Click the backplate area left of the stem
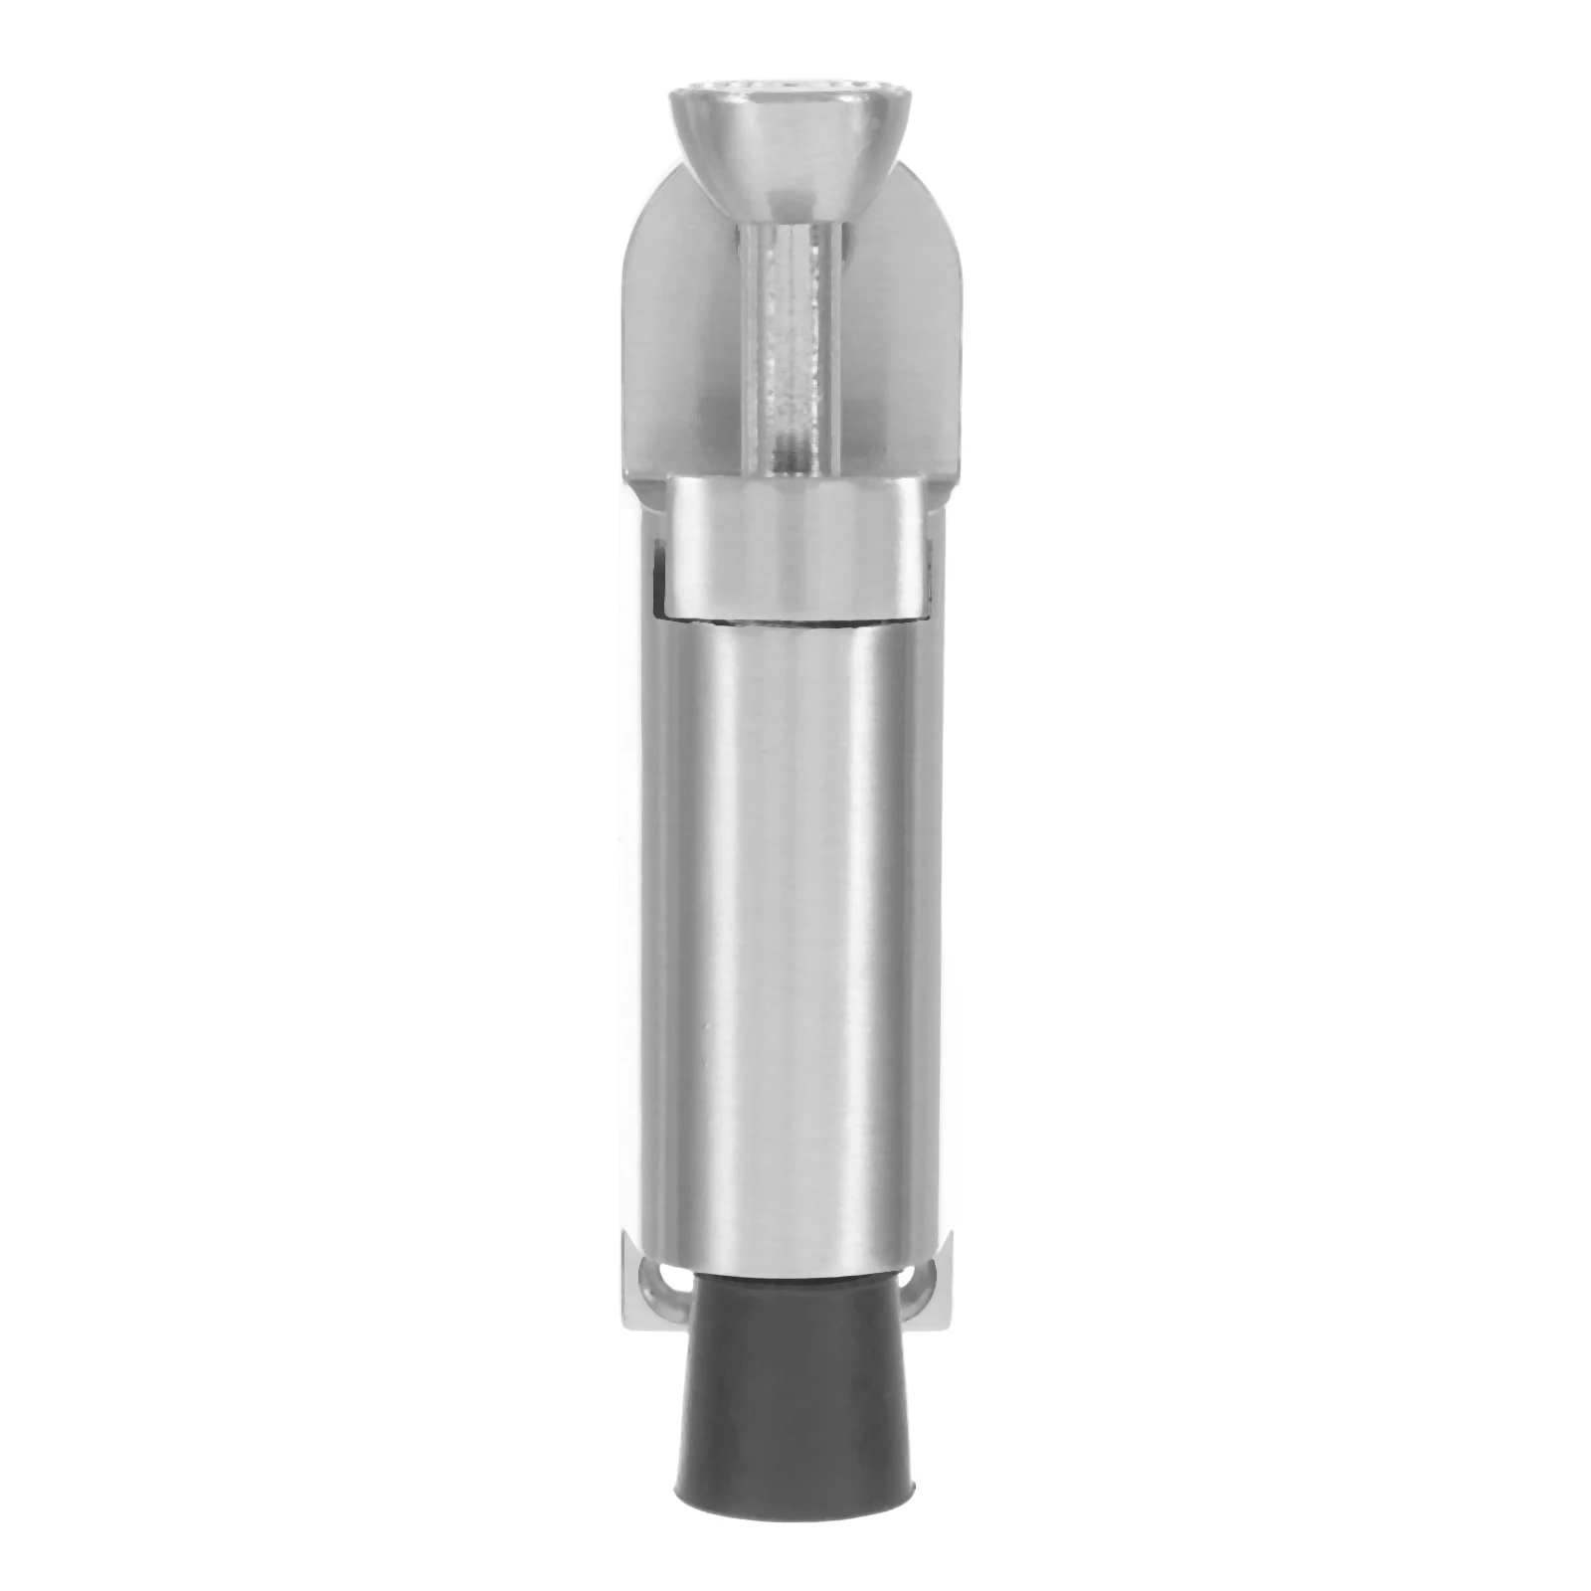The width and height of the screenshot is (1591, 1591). click(686, 348)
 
